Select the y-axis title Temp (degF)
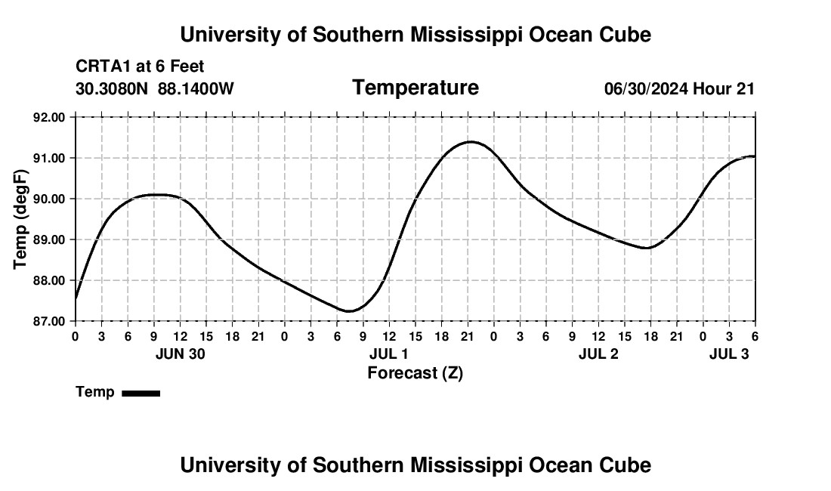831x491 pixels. [x=21, y=219]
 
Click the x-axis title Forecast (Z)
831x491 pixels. [x=415, y=373]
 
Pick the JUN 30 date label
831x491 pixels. [x=180, y=354]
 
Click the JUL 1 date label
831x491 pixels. [x=389, y=354]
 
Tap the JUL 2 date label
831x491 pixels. [x=598, y=354]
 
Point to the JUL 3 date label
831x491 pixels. [x=729, y=354]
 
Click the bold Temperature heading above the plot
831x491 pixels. [x=415, y=88]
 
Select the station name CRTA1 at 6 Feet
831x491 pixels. [x=140, y=67]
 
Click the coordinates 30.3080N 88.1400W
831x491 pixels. [x=155, y=89]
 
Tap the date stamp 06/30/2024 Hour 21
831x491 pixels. [x=679, y=89]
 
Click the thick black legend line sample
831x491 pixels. [x=141, y=393]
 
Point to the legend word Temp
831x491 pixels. [x=95, y=392]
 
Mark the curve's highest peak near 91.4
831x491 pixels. [x=470, y=141]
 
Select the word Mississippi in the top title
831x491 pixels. [x=497, y=35]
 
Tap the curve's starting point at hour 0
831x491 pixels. [x=76, y=298]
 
